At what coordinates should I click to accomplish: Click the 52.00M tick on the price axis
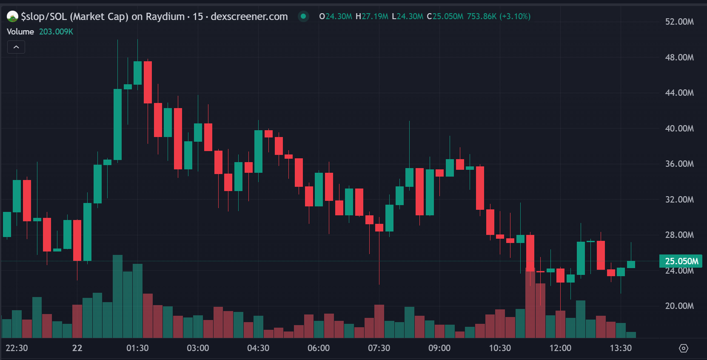tap(679, 22)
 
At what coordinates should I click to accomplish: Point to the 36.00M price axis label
tap(679, 164)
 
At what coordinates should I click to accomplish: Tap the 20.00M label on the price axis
tap(679, 306)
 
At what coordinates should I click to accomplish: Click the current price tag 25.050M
tap(681, 261)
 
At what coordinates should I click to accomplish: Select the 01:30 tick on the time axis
tap(137, 348)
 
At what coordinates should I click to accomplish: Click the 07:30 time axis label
tap(379, 348)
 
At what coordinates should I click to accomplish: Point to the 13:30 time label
tap(620, 348)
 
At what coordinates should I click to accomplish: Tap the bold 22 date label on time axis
tap(77, 348)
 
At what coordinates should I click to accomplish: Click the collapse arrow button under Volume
tap(16, 47)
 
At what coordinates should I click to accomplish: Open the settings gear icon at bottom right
tap(683, 349)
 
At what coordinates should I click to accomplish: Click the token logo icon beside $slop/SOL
tap(12, 17)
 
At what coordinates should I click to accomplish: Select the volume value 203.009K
tap(56, 32)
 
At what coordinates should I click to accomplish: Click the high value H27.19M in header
tap(372, 17)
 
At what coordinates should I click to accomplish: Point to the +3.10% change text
tap(515, 17)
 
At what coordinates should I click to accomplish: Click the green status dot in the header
tap(303, 17)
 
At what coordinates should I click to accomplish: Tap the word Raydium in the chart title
tap(165, 17)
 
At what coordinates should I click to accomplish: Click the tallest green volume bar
tap(117, 296)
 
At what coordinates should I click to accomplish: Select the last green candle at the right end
tap(631, 264)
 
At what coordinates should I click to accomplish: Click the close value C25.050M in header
tap(445, 17)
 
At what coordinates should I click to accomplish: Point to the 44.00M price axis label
tap(679, 93)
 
